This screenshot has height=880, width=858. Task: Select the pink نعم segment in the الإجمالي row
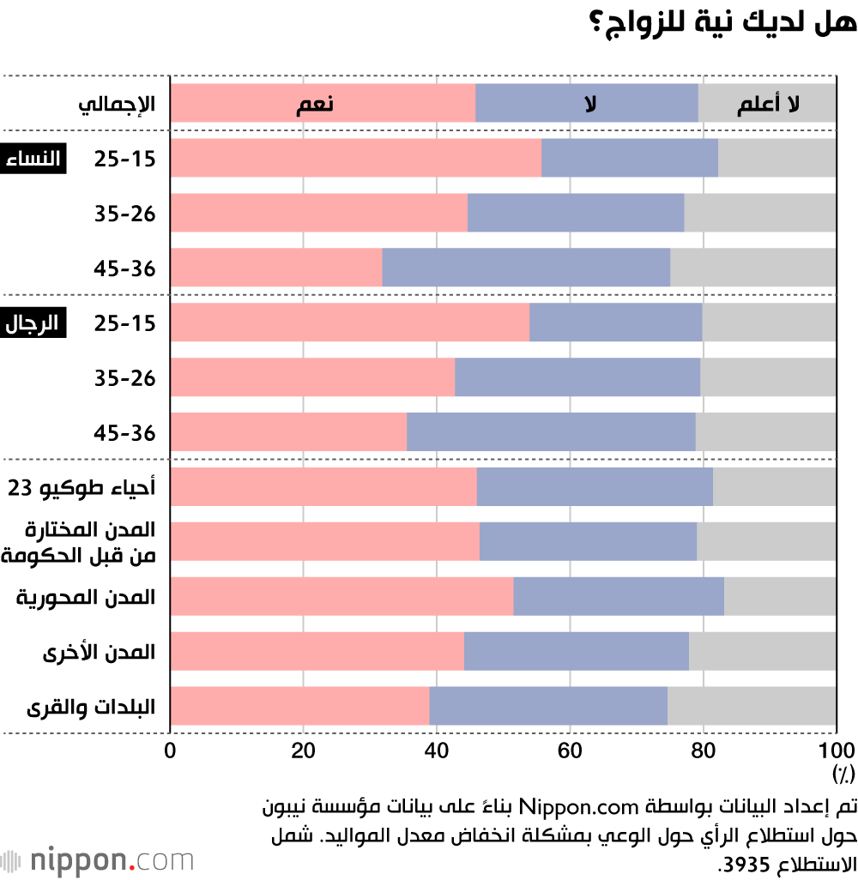pos(323,104)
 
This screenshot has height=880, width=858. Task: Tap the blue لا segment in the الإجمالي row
pos(587,104)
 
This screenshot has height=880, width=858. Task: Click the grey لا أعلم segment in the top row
pos(767,104)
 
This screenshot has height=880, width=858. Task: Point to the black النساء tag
pos(35,160)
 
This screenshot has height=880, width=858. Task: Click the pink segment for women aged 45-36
pos(276,268)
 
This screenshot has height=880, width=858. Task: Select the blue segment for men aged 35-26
pos(577,377)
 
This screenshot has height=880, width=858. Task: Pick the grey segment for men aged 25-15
pos(769,322)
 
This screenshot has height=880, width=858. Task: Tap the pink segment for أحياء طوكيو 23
pos(323,487)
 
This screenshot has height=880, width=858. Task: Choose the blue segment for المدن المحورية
pos(618,596)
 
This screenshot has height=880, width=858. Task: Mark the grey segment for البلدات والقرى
pos(752,706)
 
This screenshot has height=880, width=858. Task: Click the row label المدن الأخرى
pos(100,652)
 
